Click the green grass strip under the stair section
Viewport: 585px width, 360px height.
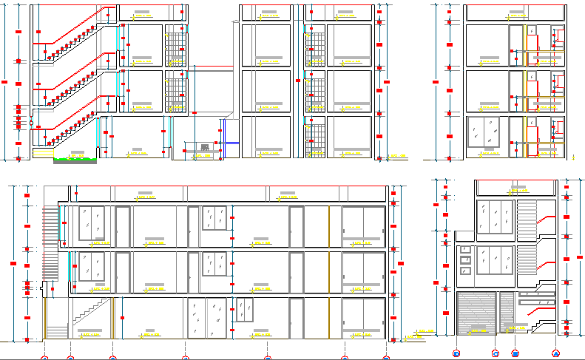(x=74, y=159)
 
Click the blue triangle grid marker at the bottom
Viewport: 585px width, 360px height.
(x=555, y=353)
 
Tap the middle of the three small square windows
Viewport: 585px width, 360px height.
(x=465, y=259)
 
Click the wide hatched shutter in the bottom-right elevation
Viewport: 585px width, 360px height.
(x=476, y=313)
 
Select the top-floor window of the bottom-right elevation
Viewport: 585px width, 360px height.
(x=496, y=219)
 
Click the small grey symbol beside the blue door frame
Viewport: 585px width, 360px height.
(x=204, y=147)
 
